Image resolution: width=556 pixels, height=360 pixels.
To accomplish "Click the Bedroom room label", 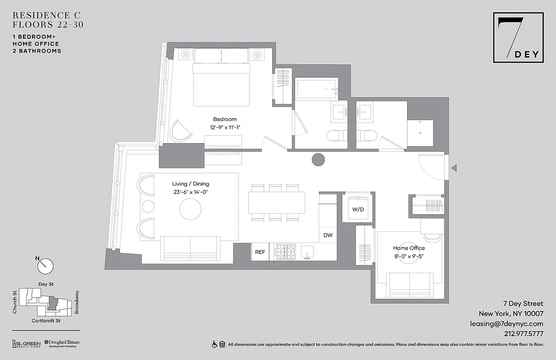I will point(224,119).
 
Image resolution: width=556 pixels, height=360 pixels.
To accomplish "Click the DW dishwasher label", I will point(327,235).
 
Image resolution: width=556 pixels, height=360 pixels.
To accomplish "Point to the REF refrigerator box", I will point(260,252).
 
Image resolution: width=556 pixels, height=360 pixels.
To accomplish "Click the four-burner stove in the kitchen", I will point(285,252).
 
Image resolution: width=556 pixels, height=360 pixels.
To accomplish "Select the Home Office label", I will point(408,248).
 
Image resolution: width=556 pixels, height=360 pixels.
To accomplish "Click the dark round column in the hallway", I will point(318,159).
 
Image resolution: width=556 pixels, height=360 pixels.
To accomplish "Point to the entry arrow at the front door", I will point(454,168).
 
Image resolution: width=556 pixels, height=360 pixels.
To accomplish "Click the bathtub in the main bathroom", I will point(317,89).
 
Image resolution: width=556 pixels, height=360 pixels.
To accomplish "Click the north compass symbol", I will point(45,265).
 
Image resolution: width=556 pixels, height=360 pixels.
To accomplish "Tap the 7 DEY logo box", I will point(518,37).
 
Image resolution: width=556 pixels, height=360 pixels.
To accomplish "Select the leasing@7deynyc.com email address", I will point(507,324).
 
